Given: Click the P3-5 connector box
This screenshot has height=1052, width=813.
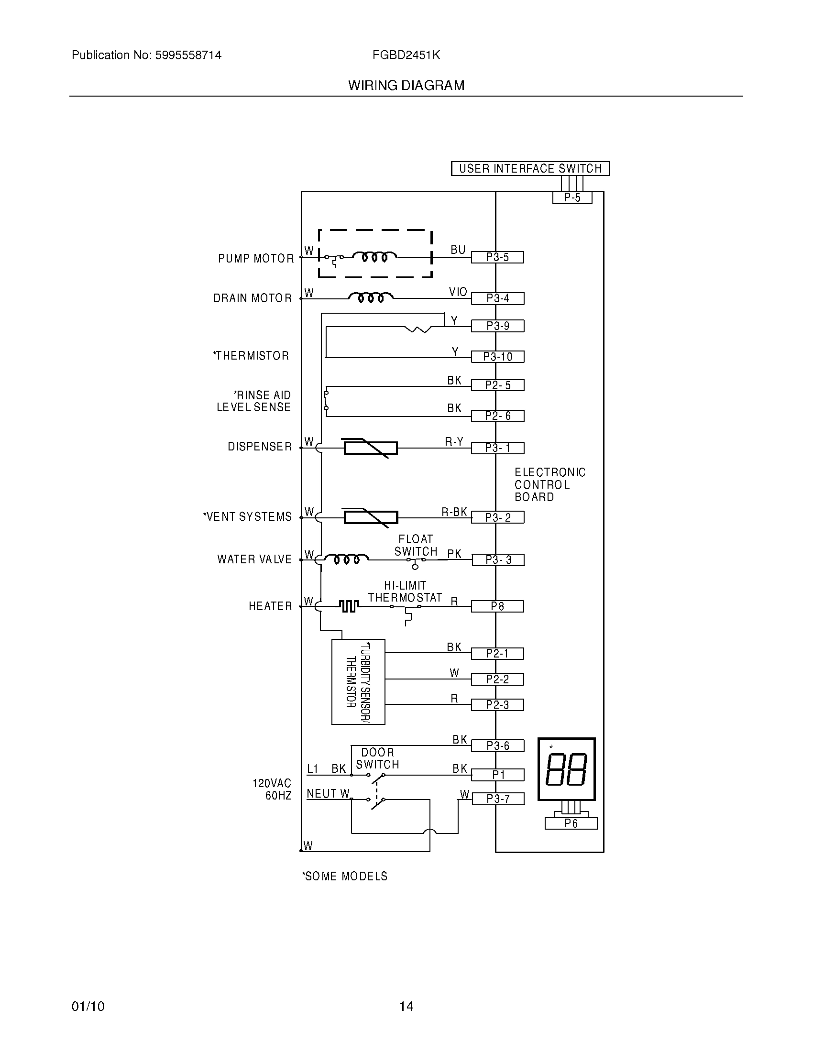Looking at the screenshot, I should pos(497,257).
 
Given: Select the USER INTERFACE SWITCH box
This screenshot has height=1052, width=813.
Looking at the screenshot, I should pos(530,169).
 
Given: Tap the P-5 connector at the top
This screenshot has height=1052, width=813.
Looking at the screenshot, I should pos(571,197).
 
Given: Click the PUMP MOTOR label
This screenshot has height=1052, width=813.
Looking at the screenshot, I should pos(256,259).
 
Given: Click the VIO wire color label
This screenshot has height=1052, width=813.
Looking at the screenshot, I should pos(458,292).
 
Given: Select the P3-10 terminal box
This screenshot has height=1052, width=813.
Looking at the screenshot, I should pos(497,357).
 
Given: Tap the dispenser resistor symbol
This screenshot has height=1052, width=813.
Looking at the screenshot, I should pos(370,448).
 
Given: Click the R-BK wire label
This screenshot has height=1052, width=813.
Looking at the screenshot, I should pos(454,512).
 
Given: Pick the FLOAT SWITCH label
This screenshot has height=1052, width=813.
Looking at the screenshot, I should pos(416,545).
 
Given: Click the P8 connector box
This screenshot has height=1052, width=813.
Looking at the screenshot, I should pos(497,606).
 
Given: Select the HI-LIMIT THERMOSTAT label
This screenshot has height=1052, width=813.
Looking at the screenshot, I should pos(405,592).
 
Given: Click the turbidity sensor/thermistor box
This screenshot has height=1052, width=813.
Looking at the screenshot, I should pos(358,681).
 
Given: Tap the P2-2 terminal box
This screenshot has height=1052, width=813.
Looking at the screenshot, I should pos(497,679).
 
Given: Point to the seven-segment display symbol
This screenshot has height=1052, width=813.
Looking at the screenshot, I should pos(566,769).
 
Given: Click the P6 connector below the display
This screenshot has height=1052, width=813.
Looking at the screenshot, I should pos(571,824).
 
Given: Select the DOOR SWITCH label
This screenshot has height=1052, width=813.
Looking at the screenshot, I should pos(378,758).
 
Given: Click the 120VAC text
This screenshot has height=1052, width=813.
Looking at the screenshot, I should pos(272,783).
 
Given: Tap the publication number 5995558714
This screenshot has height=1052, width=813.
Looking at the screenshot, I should pos(188,55).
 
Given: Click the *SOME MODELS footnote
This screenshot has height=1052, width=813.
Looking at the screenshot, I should pos(344,876).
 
